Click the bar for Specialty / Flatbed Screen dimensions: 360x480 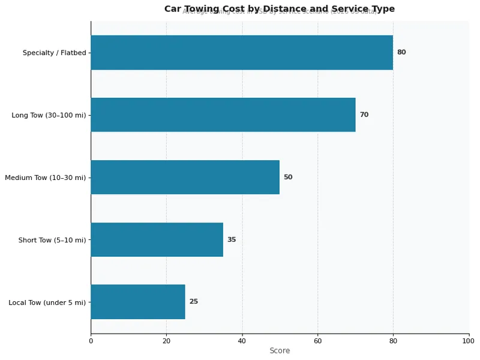pos(242,52)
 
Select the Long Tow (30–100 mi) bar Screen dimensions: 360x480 pos(223,115)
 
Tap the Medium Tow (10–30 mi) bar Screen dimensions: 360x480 pos(185,177)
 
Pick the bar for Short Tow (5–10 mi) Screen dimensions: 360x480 pos(157,239)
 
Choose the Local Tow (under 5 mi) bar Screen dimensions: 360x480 pos(138,302)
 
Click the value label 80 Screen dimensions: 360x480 pos(401,52)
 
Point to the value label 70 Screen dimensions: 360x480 pos(364,115)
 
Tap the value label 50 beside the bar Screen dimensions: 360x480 pos(288,177)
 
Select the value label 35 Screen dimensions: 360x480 pos(232,239)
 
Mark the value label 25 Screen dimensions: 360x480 pos(194,302)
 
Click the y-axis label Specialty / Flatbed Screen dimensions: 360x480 pos(55,53)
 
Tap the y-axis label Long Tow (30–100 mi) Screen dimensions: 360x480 pos(49,115)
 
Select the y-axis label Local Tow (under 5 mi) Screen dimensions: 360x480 pos(47,302)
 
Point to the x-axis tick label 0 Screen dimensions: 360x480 pos(91,341)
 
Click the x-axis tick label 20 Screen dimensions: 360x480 pos(166,341)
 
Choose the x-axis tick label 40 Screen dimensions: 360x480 pos(242,341)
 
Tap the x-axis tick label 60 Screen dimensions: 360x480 pos(317,341)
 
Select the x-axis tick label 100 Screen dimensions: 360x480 pos(469,341)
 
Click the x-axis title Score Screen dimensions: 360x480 pos(280,351)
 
